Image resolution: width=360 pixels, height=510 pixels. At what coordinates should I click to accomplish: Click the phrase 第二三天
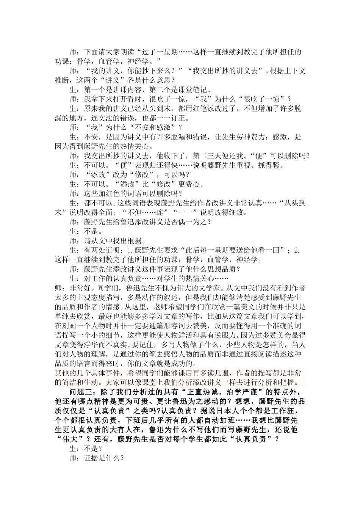(207, 156)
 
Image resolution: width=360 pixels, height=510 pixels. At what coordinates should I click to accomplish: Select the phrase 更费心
(191, 184)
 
